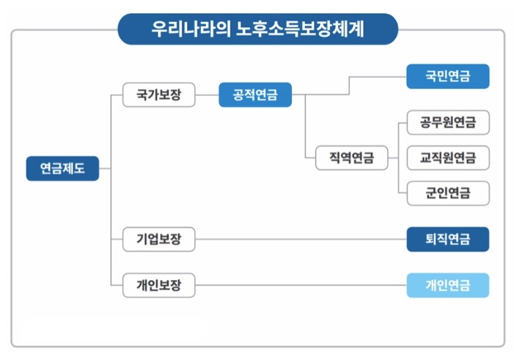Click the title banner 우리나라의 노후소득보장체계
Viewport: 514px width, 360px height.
pos(257,30)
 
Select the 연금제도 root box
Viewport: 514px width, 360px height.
pos(62,169)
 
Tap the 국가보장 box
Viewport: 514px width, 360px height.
pos(158,95)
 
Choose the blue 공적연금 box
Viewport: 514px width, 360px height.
pos(254,95)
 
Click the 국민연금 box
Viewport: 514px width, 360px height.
pos(447,76)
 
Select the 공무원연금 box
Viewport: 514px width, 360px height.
pos(447,122)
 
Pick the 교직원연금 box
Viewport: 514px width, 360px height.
pos(447,158)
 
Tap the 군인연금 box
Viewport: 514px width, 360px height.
pos(447,194)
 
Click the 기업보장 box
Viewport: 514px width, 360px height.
pos(158,239)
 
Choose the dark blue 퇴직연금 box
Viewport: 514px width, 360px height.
pos(447,239)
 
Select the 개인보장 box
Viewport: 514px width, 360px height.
pos(158,284)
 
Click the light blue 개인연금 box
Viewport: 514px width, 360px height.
pos(447,284)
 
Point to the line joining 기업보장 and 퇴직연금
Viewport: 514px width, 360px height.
pos(301,239)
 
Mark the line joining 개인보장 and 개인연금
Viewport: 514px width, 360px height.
pos(301,284)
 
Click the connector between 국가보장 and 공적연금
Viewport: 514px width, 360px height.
pos(207,95)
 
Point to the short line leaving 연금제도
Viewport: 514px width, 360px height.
pos(104,169)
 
